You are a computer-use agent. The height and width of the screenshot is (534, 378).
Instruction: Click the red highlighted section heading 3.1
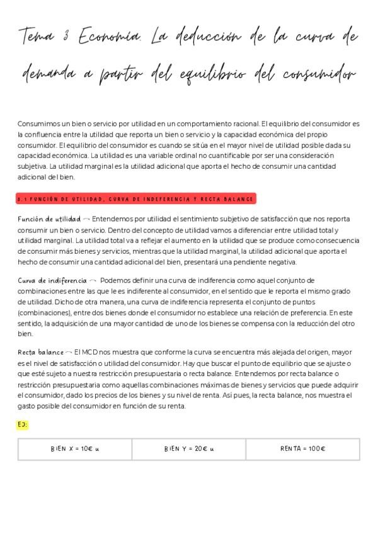tap(135, 199)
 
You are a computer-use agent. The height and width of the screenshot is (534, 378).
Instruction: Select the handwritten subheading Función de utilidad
tap(49, 219)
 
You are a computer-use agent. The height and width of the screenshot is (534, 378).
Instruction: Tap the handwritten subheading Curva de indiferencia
tap(52, 280)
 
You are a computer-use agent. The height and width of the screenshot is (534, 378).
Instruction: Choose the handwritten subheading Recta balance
tap(41, 352)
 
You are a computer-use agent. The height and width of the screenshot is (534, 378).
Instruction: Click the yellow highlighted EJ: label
tap(23, 424)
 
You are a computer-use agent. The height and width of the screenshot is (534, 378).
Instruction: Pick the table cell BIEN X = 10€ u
tap(74, 449)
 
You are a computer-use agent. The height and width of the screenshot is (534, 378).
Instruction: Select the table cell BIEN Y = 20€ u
tap(189, 449)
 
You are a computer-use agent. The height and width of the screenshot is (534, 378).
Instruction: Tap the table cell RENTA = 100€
tap(302, 449)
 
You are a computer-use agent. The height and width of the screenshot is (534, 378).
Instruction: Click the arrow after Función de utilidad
tap(86, 219)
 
